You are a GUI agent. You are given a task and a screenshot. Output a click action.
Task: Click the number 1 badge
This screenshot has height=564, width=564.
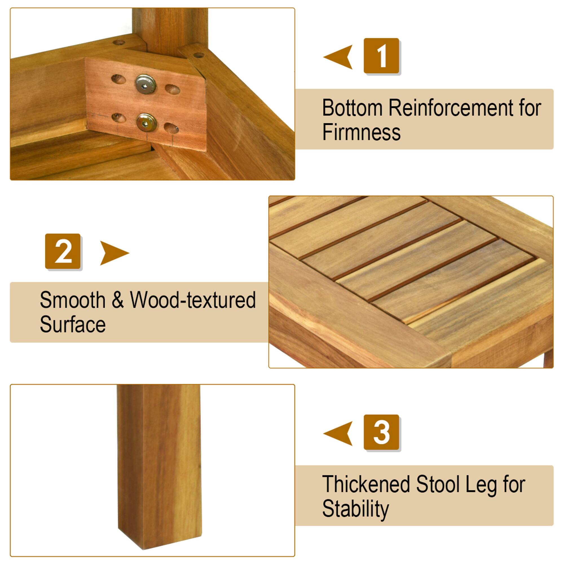(x=381, y=56)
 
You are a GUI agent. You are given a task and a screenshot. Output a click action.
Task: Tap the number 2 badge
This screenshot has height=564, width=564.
(x=63, y=251)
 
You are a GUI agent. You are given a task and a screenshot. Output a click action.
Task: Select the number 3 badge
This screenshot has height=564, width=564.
(x=381, y=432)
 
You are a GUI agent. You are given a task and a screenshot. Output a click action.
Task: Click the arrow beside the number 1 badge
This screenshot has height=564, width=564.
(x=339, y=57)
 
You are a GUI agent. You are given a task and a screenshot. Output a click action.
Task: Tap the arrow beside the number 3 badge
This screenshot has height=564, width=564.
(x=339, y=433)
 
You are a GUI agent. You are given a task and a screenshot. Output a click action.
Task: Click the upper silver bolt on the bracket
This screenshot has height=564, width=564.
(x=146, y=84)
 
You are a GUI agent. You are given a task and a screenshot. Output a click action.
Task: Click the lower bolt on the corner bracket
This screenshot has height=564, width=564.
(x=147, y=123)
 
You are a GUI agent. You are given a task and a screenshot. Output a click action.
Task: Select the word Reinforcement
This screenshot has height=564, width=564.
(x=450, y=108)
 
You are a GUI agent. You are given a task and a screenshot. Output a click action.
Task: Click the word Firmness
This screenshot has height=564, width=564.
(x=361, y=132)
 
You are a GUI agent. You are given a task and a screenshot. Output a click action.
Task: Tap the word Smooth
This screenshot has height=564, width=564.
(x=72, y=300)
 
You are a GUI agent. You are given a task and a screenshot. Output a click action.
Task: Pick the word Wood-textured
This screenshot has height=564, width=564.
(x=193, y=300)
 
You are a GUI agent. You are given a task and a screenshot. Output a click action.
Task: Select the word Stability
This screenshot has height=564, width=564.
(x=355, y=509)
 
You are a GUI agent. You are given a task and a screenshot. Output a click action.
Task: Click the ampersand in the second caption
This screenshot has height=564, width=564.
(x=117, y=301)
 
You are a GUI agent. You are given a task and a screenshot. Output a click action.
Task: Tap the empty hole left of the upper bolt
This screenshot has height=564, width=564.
(x=118, y=79)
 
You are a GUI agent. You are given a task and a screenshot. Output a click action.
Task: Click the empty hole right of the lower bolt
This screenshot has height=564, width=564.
(x=171, y=128)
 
